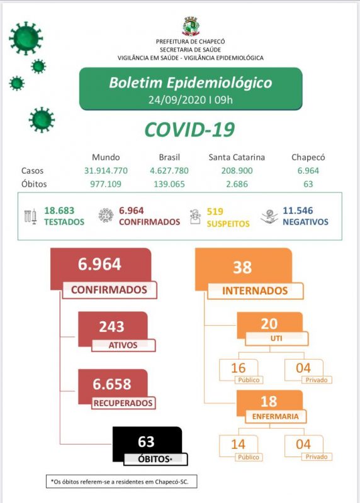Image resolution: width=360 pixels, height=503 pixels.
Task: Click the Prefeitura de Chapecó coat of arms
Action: [190, 26]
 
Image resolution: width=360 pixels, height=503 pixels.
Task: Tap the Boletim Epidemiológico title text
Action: [190, 83]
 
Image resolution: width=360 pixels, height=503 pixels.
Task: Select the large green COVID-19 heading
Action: [189, 130]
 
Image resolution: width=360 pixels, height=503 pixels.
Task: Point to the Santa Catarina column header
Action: [236, 157]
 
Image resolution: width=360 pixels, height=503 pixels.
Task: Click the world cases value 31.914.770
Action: [106, 170]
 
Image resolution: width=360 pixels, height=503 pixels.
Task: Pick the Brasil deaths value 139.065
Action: [169, 184]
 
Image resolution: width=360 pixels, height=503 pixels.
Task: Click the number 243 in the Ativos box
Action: [111, 327]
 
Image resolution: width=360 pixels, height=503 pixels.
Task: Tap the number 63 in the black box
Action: [145, 442]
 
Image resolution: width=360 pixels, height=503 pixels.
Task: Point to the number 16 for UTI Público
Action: [238, 368]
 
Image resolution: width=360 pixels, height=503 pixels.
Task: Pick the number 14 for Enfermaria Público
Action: [238, 445]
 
